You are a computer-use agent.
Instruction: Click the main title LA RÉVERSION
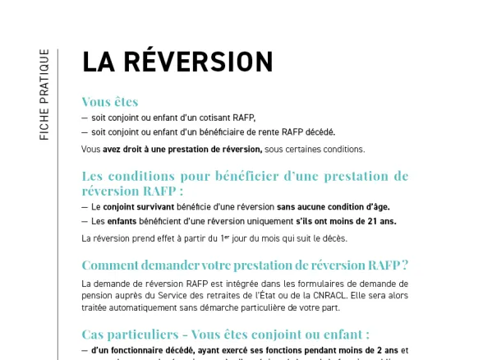[177, 62]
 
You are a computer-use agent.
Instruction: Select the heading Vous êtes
[110, 102]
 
